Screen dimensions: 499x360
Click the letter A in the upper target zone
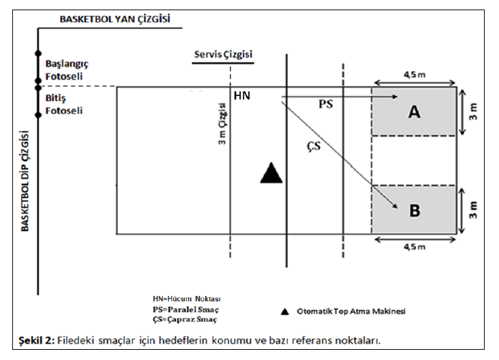click(414, 112)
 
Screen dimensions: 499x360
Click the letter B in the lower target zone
click(414, 211)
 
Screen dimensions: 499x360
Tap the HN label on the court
click(242, 95)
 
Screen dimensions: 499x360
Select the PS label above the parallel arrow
click(326, 104)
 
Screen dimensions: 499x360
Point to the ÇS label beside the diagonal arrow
click(314, 146)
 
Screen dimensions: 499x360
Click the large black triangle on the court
click(271, 172)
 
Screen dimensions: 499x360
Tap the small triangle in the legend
click(285, 312)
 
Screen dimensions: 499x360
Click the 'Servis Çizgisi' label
click(223, 55)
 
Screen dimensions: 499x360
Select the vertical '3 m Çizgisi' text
click(222, 123)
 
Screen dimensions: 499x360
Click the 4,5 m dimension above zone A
click(414, 75)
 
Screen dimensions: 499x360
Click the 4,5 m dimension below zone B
click(414, 247)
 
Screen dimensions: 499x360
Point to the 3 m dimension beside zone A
click(474, 111)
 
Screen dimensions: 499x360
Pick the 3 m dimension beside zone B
click(474, 210)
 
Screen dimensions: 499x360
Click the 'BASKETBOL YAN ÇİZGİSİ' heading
click(115, 19)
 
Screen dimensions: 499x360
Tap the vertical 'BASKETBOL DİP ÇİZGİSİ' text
click(25, 181)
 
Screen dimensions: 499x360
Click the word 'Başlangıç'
click(67, 63)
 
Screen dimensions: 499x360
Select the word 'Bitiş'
click(55, 98)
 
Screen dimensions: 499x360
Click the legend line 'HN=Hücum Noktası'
click(187, 299)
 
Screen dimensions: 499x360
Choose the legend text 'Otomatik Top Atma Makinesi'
click(351, 312)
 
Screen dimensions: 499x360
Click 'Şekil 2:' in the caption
click(37, 340)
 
